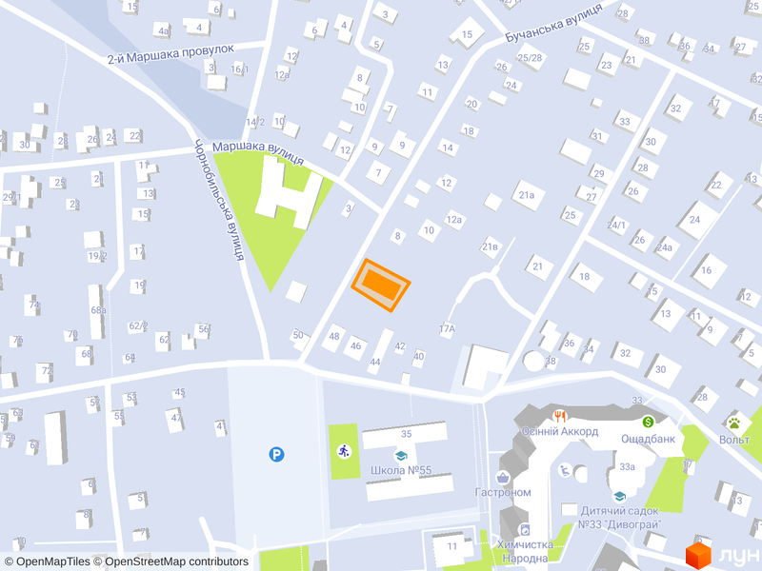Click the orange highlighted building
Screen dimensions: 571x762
pos(381,285)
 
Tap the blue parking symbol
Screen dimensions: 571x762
pos(276,455)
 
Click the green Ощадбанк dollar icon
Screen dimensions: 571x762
pos(648,422)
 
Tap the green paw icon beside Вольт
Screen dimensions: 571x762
pos(734,423)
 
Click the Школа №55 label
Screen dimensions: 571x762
pos(400,470)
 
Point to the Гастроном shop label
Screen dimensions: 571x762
pos(502,492)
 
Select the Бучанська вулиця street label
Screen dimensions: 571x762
pos(553,23)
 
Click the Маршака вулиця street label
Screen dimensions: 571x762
pos(257,148)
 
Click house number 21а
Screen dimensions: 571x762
pos(527,196)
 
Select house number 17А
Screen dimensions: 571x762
pos(448,328)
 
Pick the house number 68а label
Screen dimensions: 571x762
pos(98,310)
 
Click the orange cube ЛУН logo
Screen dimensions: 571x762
pos(700,554)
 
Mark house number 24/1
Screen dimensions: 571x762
pos(617,225)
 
